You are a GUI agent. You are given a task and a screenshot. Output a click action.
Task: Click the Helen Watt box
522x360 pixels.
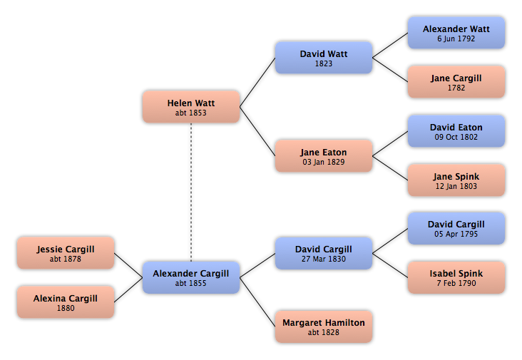[x=191, y=107]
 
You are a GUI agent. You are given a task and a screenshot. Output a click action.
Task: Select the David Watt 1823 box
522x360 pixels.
[x=324, y=58]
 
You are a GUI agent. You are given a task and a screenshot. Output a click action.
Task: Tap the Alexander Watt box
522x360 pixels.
[x=456, y=33]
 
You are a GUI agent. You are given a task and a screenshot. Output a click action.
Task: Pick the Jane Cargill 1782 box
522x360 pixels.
[x=456, y=82]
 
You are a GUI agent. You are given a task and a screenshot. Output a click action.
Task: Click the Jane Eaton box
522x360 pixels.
[x=324, y=156]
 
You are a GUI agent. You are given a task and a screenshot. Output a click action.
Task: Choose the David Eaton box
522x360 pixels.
[x=456, y=131]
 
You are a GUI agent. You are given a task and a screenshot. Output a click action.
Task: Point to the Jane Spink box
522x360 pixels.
[x=456, y=180]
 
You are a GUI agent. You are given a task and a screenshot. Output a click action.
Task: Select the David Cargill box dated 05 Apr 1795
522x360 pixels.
[x=456, y=229]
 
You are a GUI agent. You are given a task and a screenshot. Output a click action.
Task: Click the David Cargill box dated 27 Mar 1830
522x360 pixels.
[x=324, y=253]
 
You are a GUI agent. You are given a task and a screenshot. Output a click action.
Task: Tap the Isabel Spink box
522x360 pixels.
[x=456, y=277]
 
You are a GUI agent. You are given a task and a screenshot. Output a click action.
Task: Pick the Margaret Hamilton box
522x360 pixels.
[x=324, y=326]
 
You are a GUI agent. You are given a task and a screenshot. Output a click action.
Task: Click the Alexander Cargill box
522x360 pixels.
[x=191, y=277]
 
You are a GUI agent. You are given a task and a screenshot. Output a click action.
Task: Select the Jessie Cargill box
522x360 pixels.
[x=66, y=253]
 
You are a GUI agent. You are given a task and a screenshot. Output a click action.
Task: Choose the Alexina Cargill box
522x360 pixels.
[x=66, y=302]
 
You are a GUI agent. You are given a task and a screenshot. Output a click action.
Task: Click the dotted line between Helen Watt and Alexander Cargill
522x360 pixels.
[x=191, y=192]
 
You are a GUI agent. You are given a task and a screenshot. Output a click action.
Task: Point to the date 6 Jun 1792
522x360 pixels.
[x=456, y=38]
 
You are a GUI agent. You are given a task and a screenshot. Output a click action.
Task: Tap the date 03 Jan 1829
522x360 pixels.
[x=324, y=162]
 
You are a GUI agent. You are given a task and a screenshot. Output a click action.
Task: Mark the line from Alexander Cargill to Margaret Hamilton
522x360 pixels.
[x=257, y=302]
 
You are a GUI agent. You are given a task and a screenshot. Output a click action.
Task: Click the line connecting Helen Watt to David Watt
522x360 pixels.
[x=257, y=82]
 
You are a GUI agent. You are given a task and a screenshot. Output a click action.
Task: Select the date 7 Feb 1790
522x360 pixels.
[x=456, y=283]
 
